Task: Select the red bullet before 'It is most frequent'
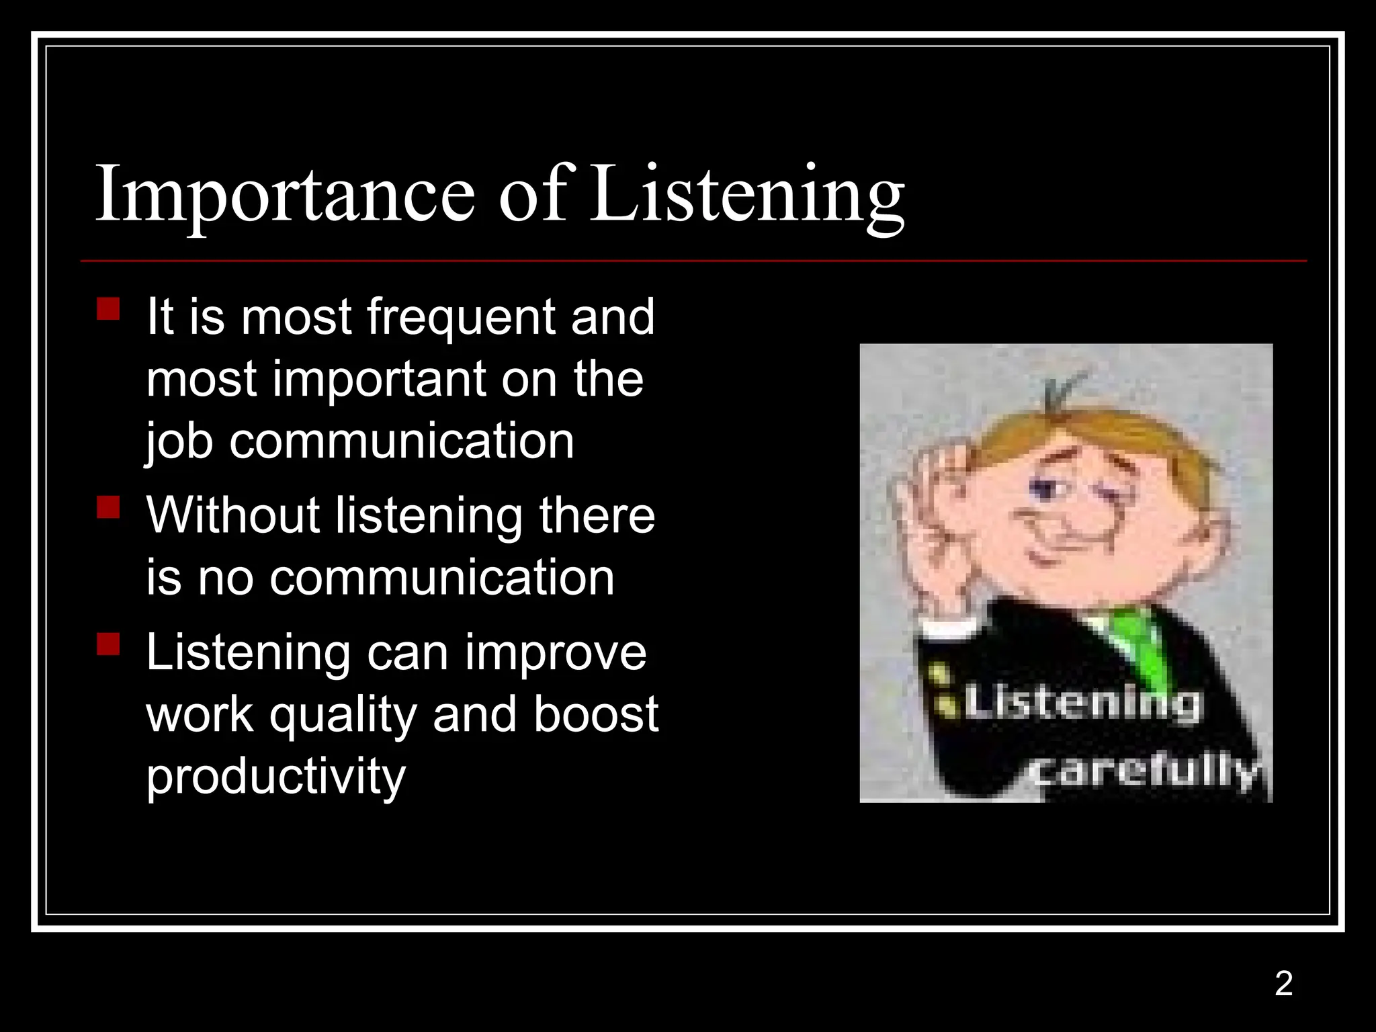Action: (x=108, y=310)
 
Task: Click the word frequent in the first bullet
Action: (x=462, y=317)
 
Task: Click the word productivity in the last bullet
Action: (x=276, y=777)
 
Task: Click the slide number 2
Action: (x=1283, y=984)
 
